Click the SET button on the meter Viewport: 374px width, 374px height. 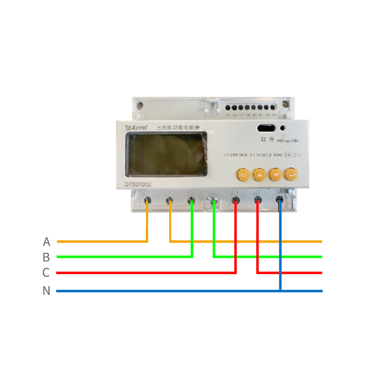coord(243,174)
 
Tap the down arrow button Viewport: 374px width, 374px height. coord(275,174)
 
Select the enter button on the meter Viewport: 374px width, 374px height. coord(290,174)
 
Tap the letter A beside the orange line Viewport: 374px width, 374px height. coord(46,242)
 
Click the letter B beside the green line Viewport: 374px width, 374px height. coord(46,257)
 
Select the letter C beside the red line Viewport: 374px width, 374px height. coord(46,273)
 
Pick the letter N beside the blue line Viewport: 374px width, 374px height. coord(46,291)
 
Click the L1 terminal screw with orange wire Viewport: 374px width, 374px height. coord(147,200)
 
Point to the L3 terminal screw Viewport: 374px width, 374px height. coord(235,200)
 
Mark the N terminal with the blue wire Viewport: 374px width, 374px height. coord(279,200)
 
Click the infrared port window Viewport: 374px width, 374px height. coord(265,128)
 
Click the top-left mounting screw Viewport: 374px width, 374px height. coord(141,105)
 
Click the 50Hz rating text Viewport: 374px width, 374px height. coord(278,155)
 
